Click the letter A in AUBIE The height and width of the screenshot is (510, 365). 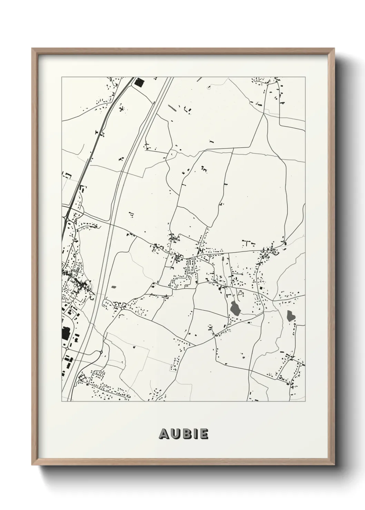click(164, 434)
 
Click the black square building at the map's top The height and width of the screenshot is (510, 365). click(139, 82)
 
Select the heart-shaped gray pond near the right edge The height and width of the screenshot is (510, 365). click(290, 315)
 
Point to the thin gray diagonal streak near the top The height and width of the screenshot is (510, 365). click(171, 108)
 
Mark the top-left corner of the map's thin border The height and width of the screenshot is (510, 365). click(62, 77)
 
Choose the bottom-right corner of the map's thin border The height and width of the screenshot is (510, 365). click(305, 401)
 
